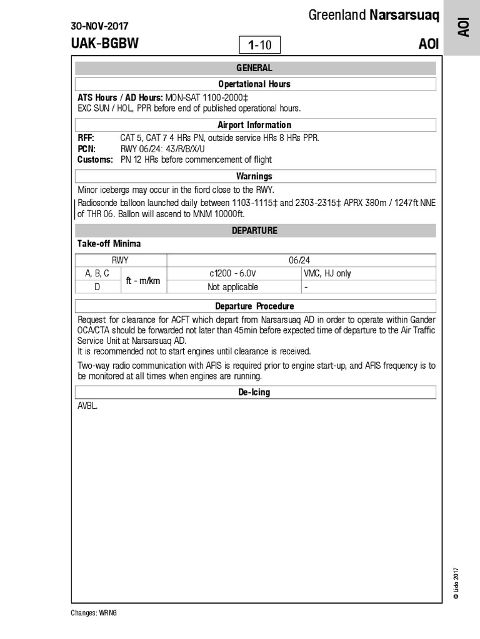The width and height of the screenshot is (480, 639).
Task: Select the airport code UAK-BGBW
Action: [105, 44]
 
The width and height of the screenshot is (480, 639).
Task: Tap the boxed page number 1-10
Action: [259, 45]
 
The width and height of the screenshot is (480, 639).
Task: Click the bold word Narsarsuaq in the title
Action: [408, 15]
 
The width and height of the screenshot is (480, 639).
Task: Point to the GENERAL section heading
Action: [254, 68]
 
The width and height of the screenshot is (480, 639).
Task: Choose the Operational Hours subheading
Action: [254, 84]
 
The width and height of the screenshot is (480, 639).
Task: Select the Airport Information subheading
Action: [254, 125]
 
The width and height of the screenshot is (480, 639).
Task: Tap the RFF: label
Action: [86, 138]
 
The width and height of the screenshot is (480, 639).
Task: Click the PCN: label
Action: [86, 149]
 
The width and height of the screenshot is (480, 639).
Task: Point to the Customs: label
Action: [95, 160]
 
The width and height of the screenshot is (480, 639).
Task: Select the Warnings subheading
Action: [254, 176]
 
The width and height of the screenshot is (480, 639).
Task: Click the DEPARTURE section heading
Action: [254, 230]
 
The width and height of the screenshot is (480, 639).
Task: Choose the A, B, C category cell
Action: [97, 273]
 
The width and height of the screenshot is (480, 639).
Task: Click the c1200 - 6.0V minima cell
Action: [233, 273]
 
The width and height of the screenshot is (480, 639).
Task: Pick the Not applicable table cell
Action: [232, 287]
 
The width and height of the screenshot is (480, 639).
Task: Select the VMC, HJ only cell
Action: [327, 273]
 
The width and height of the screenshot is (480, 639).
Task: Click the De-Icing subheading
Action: [254, 393]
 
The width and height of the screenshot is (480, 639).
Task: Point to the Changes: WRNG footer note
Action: [94, 613]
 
